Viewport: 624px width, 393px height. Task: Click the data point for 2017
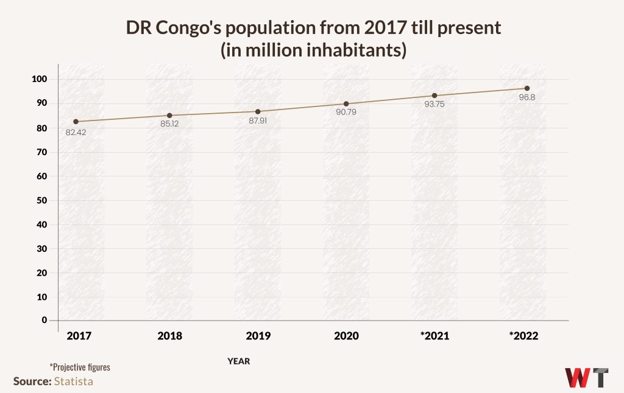(x=76, y=122)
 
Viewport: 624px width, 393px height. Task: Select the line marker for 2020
(x=346, y=104)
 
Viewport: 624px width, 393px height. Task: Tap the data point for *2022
(x=527, y=88)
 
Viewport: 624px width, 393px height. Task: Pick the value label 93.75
(x=434, y=104)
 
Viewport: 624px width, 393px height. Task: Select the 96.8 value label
(x=527, y=97)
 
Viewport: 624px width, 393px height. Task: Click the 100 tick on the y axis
(x=40, y=80)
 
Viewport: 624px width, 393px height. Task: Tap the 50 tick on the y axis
(x=42, y=200)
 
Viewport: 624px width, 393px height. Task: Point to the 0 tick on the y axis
(x=44, y=320)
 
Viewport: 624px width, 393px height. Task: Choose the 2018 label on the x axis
(x=169, y=336)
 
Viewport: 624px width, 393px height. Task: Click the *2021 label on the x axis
(x=434, y=336)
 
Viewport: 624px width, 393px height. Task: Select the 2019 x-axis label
(x=258, y=336)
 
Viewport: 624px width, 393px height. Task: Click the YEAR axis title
(x=239, y=361)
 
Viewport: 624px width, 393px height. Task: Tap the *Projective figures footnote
(x=80, y=367)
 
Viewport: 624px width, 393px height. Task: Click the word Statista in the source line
(x=74, y=381)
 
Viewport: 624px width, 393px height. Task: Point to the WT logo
(x=586, y=377)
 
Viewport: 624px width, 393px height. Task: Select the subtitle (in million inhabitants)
(x=313, y=50)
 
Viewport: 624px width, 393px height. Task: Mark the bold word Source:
(x=32, y=381)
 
